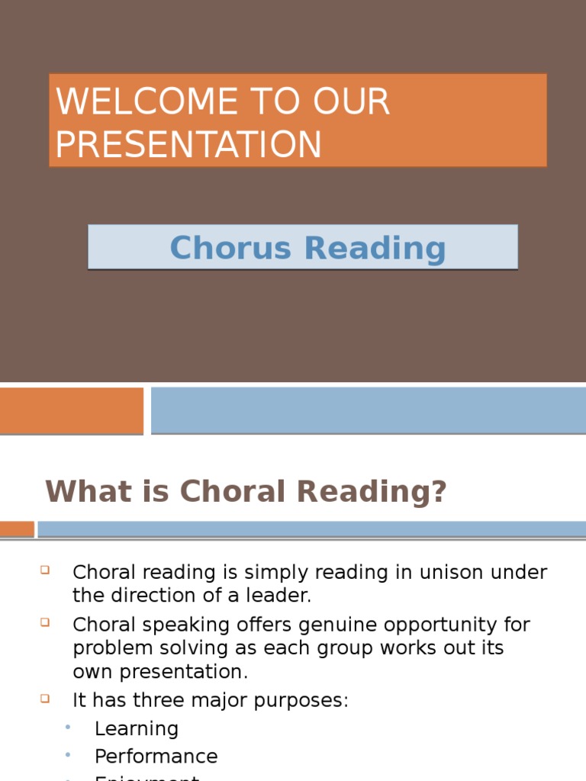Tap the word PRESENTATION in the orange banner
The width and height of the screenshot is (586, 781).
188,145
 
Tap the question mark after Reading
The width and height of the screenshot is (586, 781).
438,492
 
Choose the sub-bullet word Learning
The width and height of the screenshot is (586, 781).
136,728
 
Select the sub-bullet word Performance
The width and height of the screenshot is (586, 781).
156,756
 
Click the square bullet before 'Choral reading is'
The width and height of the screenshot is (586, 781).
44,569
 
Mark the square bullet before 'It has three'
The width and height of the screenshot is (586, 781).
44,697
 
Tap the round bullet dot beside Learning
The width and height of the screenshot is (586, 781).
68,727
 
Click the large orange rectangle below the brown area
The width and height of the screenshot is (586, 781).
71,410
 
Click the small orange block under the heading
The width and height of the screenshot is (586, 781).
17,529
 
